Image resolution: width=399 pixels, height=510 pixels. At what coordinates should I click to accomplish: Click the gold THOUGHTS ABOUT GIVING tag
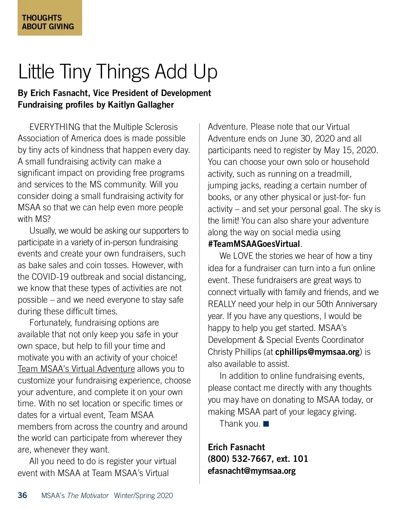pos(50,18)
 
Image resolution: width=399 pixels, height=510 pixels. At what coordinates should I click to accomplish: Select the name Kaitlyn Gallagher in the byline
pos(141,105)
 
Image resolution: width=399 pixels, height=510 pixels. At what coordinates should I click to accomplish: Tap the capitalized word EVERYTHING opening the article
pos(55,127)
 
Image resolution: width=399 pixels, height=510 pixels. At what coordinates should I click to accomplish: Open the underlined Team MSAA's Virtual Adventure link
pos(76,369)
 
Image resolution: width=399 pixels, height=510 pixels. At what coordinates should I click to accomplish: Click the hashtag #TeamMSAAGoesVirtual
pos(254,244)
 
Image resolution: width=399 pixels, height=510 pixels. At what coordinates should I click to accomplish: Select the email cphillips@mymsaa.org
pos(318,352)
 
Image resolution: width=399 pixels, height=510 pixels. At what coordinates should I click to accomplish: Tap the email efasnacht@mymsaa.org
pos(252,471)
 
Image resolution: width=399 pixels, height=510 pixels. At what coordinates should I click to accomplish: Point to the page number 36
pos(22,495)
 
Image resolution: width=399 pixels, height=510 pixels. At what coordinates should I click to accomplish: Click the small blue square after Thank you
pos(266,424)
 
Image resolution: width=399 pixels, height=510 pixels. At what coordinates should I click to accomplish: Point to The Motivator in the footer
pos(88,496)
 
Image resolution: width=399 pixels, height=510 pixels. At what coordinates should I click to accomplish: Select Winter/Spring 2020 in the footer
pos(143,496)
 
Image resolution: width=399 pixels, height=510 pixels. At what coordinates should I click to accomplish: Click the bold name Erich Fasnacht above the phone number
pos(236,447)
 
